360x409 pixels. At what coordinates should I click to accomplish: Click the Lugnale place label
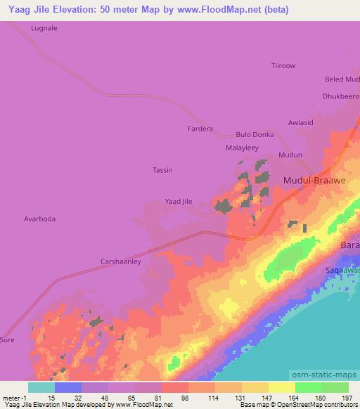(x=44, y=29)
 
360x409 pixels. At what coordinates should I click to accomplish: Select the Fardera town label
(x=200, y=129)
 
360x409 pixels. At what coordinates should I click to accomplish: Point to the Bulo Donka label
(x=255, y=134)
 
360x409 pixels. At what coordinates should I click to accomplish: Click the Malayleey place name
(x=242, y=148)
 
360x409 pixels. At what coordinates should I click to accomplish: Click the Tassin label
(x=162, y=170)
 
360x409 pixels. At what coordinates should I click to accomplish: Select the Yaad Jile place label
(x=178, y=202)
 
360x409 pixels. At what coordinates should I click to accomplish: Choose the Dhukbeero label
(x=340, y=96)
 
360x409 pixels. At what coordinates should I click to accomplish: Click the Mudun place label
(x=290, y=155)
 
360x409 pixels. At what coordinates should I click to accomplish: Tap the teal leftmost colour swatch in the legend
(x=41, y=387)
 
